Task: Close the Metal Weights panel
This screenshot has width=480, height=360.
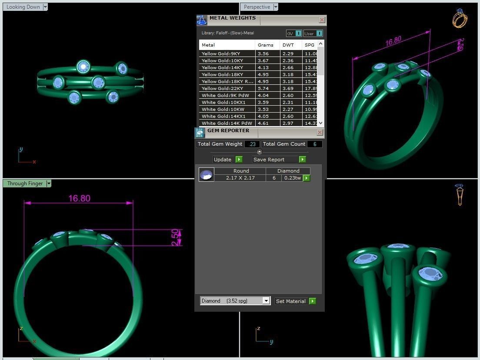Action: point(322,20)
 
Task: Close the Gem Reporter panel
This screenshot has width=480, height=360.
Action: point(320,132)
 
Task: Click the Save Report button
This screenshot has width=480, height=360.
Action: point(275,160)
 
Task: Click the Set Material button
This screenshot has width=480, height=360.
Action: point(291,301)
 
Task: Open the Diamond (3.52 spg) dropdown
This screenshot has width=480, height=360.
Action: point(266,301)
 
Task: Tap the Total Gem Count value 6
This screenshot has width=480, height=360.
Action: point(314,144)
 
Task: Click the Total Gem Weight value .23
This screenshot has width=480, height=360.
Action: point(252,144)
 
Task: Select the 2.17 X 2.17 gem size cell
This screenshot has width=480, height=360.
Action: point(240,178)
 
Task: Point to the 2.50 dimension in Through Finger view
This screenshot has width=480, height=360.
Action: point(175,237)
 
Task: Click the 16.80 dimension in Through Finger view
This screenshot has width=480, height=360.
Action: point(79,198)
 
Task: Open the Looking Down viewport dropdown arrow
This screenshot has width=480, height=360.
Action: point(45,7)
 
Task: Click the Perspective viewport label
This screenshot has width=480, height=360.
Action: point(257,7)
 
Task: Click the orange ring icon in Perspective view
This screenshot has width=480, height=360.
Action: point(459,19)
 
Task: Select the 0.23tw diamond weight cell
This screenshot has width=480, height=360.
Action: point(292,178)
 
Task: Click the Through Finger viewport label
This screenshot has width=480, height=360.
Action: point(25,183)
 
